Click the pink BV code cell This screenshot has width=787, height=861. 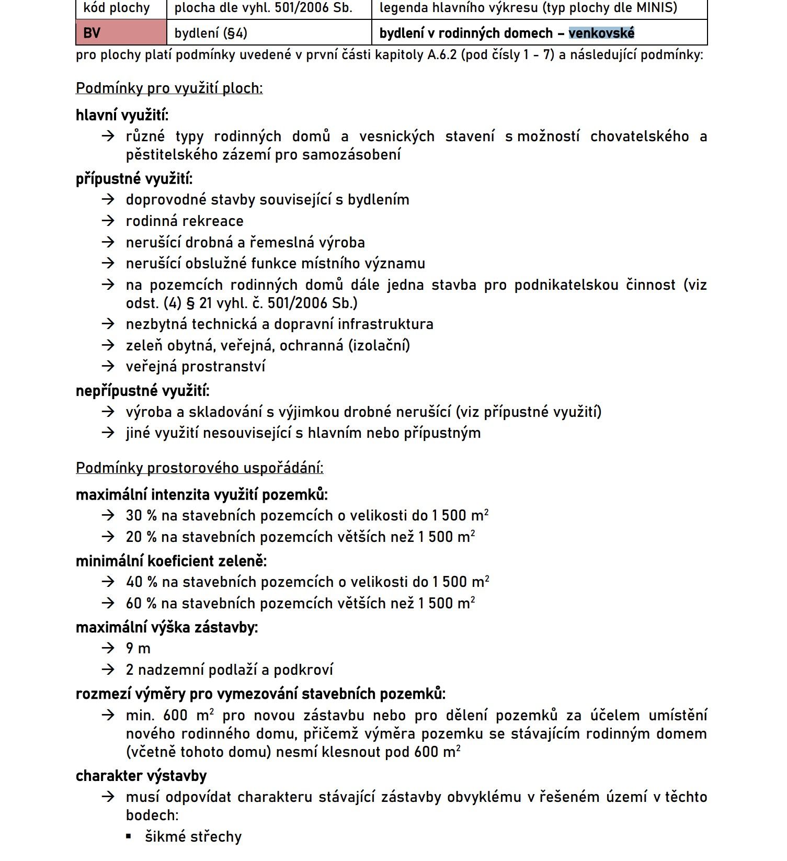point(121,33)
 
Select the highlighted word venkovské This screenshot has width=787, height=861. point(601,33)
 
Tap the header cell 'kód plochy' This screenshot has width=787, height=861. point(116,8)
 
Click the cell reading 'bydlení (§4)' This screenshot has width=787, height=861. point(211,33)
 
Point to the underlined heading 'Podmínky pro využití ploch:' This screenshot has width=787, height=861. point(169,88)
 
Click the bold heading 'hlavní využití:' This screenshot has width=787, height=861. point(122,115)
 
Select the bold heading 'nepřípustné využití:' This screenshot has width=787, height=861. point(142,390)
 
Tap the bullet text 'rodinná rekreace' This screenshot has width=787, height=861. point(185,221)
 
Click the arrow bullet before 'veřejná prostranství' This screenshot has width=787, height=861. point(108,366)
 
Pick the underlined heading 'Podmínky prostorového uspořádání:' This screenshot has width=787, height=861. point(199,467)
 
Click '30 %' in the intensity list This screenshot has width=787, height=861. point(141,516)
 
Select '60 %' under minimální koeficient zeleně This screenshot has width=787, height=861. point(141,603)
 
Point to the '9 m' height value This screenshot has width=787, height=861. point(138,649)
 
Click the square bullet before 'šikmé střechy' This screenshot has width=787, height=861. point(129,836)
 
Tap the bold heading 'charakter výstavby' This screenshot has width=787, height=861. point(141,775)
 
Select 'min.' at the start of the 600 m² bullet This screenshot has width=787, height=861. point(140,715)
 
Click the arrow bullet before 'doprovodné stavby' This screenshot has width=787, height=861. point(108,199)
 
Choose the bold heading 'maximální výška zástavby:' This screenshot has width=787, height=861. point(166,627)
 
